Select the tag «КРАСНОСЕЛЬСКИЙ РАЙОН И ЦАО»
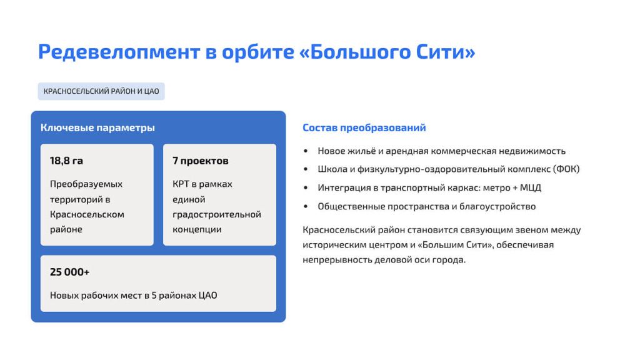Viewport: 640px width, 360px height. [x=101, y=91]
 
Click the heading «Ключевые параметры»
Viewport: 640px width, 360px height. [x=97, y=127]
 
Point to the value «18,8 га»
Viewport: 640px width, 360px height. [x=66, y=161]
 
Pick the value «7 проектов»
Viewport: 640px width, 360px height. [x=201, y=161]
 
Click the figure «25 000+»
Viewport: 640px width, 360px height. [x=69, y=272]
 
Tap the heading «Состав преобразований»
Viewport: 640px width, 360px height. [x=364, y=127]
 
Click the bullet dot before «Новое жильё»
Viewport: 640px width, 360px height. [x=306, y=151]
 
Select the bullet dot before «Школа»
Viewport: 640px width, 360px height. [x=306, y=169]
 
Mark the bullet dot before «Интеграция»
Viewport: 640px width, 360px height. [x=306, y=187]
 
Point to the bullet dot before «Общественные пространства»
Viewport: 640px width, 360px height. [x=306, y=206]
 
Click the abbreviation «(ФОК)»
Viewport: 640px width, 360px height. [x=566, y=169]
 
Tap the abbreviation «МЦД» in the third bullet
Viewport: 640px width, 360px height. [x=530, y=187]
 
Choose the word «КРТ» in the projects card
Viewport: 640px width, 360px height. [x=181, y=184]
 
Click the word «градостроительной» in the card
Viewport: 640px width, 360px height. [x=217, y=215]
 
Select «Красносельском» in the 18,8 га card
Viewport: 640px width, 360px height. [x=87, y=214]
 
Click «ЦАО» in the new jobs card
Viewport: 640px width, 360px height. [x=207, y=295]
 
